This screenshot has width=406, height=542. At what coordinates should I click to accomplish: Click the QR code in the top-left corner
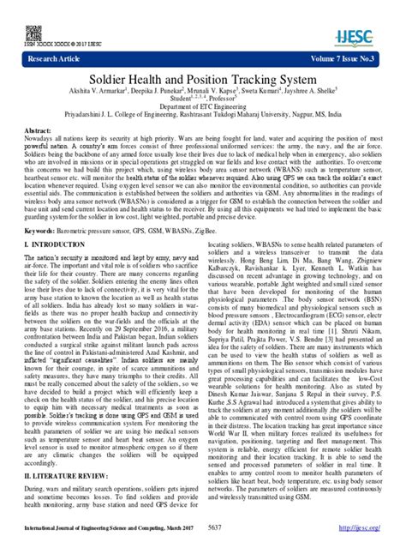33,33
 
